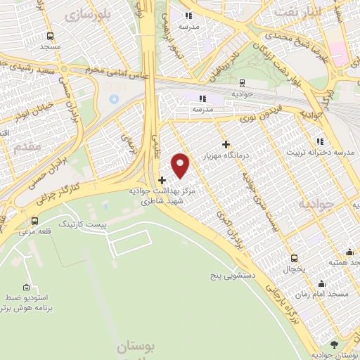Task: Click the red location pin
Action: (181, 165)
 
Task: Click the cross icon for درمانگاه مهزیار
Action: (224, 144)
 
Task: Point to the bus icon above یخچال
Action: (294, 258)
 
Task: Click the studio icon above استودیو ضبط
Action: (27, 287)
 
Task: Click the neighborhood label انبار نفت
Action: (297, 12)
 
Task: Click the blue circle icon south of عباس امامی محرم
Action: (114, 98)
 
